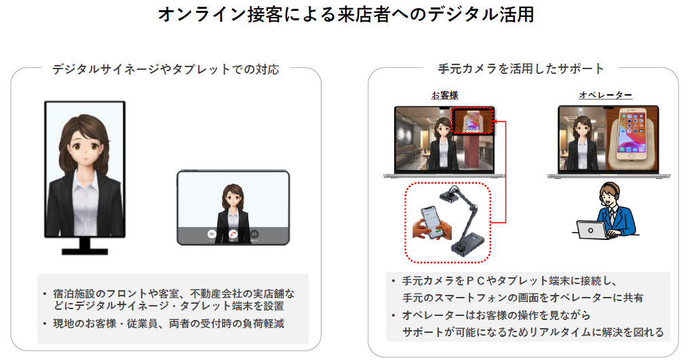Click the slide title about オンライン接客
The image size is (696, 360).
(346, 15)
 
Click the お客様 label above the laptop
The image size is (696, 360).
(444, 95)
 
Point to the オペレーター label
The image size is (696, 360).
(605, 95)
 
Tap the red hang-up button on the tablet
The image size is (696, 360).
(233, 234)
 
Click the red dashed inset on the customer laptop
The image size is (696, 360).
(472, 122)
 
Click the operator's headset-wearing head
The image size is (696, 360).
(608, 196)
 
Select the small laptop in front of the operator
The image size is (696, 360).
(591, 230)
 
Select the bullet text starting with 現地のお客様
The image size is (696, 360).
(169, 323)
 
